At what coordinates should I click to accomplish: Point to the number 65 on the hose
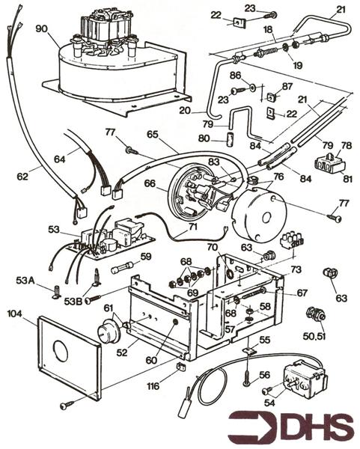click(x=153, y=135)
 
